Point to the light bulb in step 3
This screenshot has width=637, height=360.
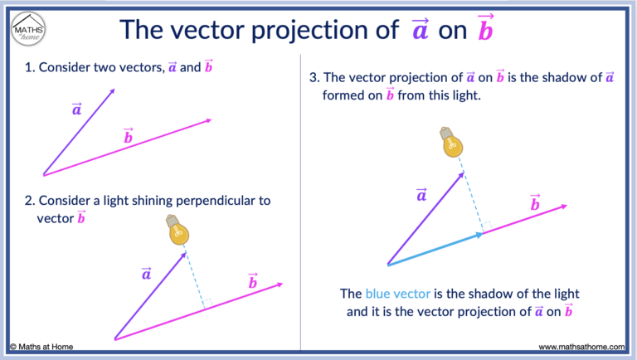pyautogui.click(x=452, y=142)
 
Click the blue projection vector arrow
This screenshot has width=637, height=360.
pyautogui.click(x=435, y=250)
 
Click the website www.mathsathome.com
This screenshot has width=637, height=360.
pyautogui.click(x=581, y=346)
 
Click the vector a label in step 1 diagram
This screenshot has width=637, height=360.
pyautogui.click(x=76, y=109)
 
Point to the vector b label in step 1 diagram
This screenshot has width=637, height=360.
pyautogui.click(x=128, y=136)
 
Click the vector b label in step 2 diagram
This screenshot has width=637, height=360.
pyautogui.click(x=252, y=282)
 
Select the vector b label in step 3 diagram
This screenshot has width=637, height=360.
pyautogui.click(x=535, y=202)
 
